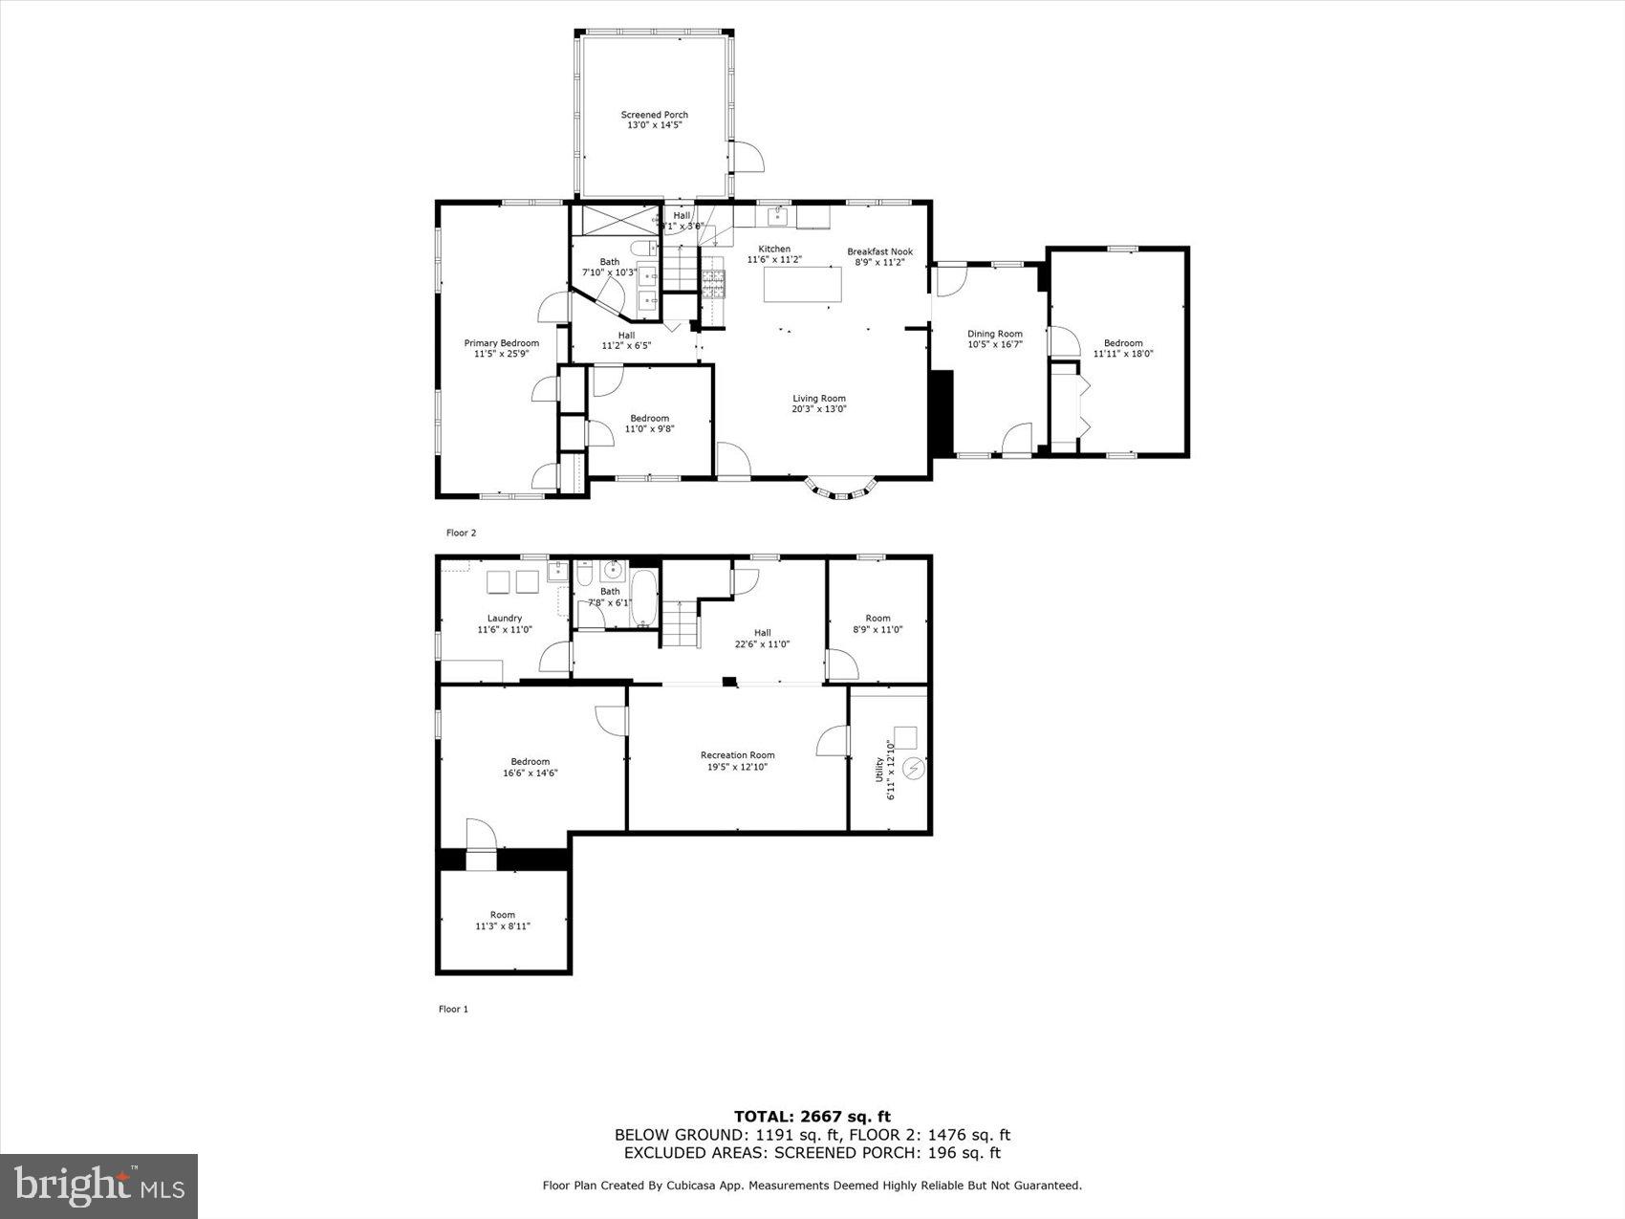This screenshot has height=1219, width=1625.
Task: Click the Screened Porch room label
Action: (654, 115)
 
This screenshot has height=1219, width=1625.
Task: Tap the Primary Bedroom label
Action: (501, 343)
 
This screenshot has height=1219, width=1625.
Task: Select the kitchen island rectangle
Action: (803, 284)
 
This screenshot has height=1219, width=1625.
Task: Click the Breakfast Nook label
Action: (879, 252)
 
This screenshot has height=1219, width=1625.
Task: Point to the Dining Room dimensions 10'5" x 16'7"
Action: (994, 344)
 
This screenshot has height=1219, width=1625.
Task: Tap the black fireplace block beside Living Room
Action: (942, 412)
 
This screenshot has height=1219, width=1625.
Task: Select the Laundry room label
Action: (504, 619)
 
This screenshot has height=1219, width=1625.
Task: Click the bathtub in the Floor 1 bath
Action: (645, 599)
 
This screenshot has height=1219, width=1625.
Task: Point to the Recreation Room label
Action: (737, 755)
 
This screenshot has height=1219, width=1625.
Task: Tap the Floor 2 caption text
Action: (461, 533)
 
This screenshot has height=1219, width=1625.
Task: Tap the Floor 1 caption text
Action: (453, 1009)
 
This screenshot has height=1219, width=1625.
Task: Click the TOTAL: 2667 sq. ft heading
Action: (812, 1116)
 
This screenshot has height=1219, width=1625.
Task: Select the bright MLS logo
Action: (99, 1186)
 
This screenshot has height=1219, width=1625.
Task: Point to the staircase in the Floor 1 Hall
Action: (682, 626)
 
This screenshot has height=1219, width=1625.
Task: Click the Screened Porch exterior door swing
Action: (747, 157)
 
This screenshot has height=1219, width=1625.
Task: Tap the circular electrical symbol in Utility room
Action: (915, 769)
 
